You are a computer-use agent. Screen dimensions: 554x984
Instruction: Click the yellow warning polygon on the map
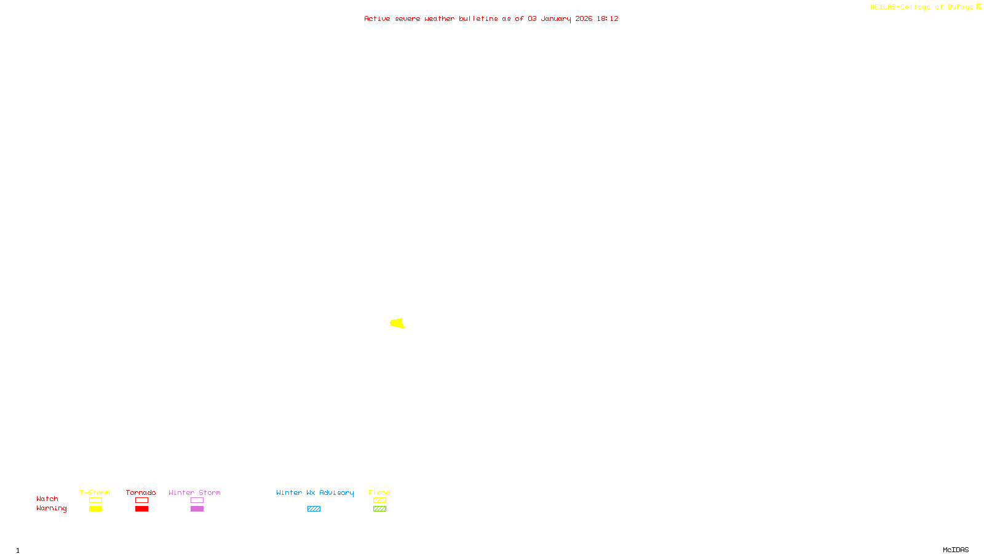pos(397,323)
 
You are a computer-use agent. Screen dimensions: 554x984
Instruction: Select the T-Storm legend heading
pos(95,492)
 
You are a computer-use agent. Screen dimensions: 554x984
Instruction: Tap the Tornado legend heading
pos(141,492)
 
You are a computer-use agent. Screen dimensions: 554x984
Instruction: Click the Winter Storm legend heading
pos(194,492)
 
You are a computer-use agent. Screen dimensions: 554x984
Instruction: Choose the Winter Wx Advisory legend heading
pos(315,492)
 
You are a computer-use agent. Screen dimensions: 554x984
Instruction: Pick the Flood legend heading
pos(379,492)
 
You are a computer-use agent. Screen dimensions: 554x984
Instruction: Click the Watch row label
pos(47,499)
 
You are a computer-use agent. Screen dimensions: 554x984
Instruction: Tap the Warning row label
pos(51,508)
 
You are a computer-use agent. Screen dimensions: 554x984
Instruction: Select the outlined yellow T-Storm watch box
pos(95,500)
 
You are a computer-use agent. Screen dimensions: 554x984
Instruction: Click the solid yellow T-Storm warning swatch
pos(95,509)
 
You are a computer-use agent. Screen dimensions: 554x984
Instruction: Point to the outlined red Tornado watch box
pos(141,500)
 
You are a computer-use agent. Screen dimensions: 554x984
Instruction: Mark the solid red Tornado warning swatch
pos(141,509)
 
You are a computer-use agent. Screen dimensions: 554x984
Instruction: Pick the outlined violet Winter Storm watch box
pos(197,500)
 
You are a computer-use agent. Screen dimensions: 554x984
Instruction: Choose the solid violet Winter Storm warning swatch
pos(197,509)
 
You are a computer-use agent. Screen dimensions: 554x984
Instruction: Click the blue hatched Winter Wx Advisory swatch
pos(314,509)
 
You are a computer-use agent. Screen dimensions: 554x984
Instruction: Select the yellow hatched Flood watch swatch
pos(379,500)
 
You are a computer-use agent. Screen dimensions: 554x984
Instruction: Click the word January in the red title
pos(556,18)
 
